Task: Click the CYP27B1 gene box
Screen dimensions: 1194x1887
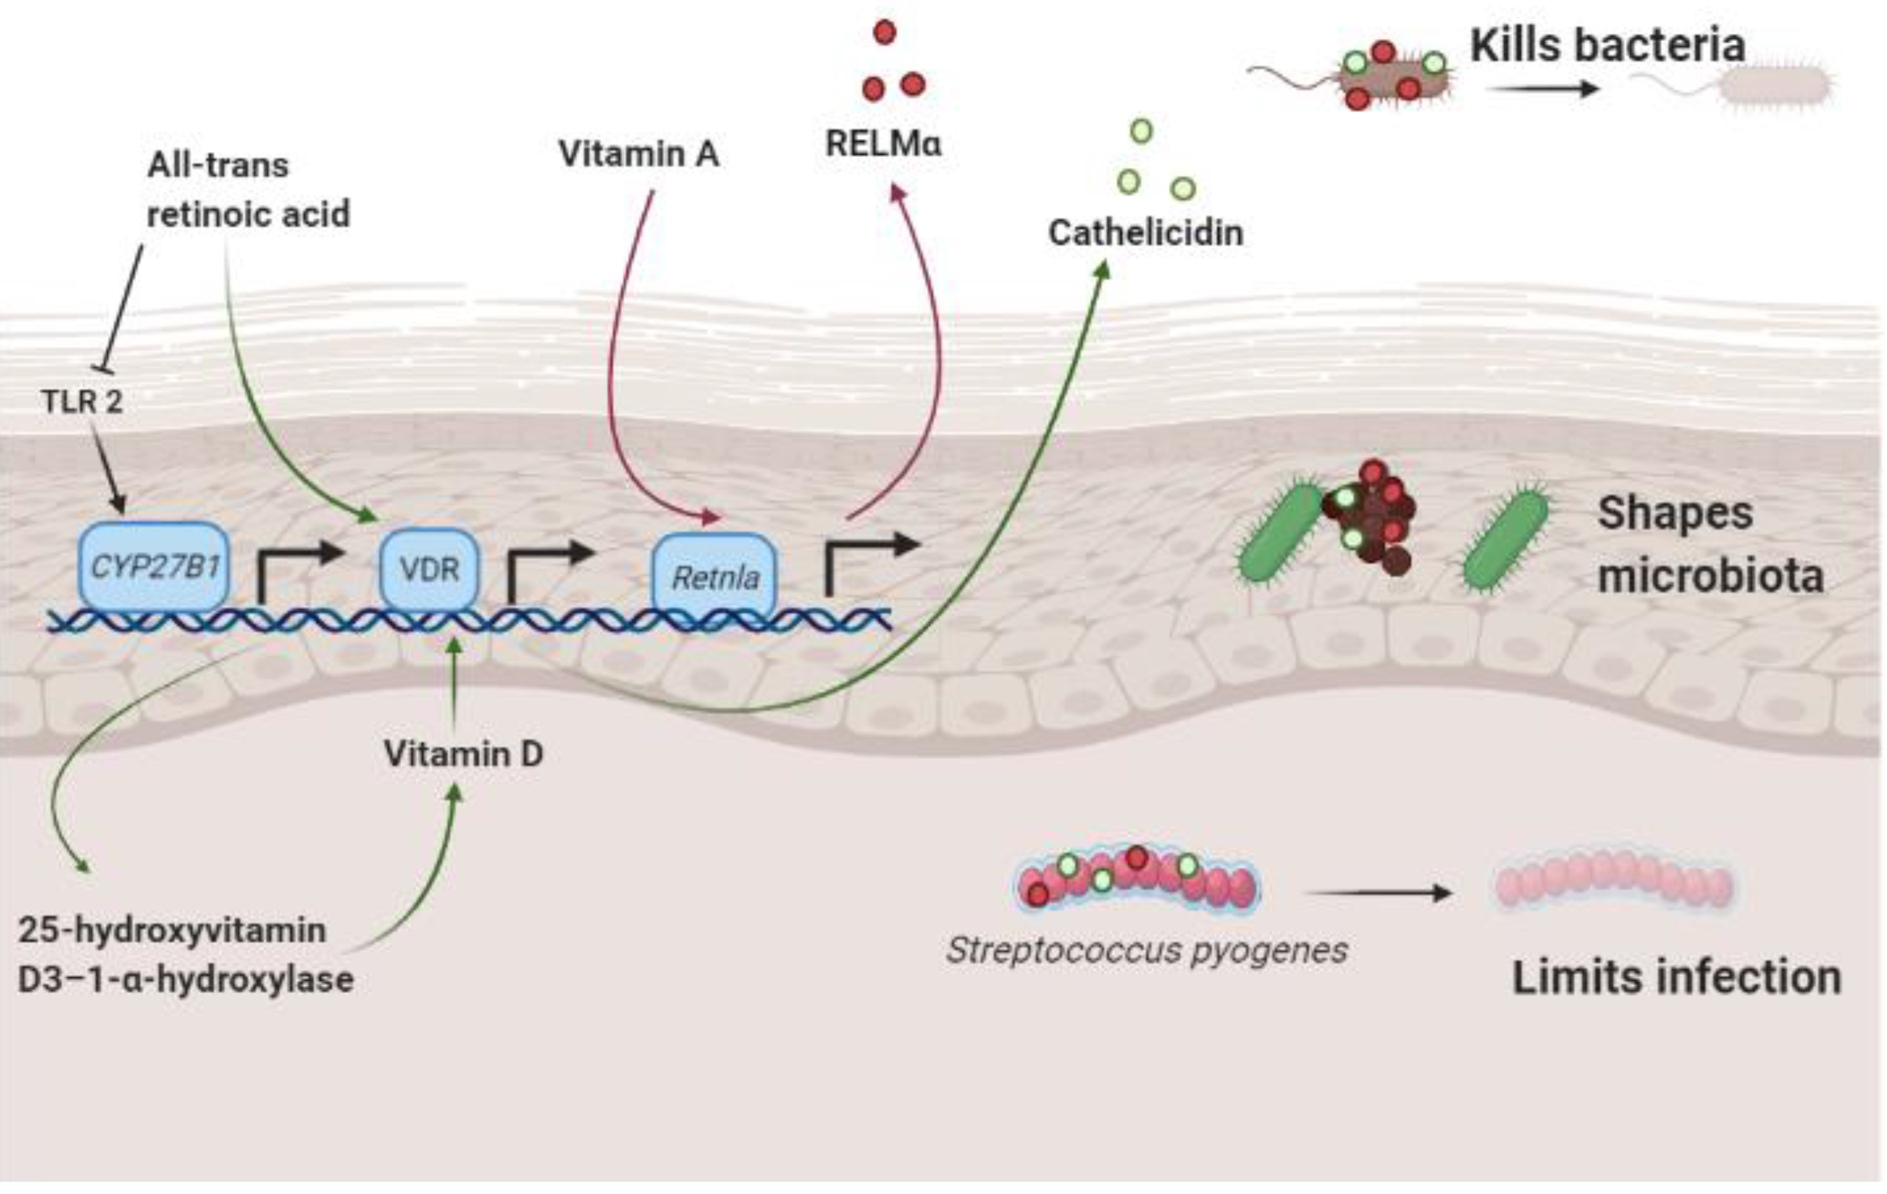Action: click(154, 566)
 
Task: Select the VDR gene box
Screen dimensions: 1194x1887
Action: click(429, 569)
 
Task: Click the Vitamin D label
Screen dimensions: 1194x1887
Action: click(463, 754)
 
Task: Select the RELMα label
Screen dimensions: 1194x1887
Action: click(883, 144)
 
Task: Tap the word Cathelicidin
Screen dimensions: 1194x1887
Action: click(1146, 233)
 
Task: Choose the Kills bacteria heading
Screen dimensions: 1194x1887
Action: click(1607, 45)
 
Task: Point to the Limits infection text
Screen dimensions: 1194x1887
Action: click(1676, 978)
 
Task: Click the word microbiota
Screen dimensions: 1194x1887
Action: click(1710, 576)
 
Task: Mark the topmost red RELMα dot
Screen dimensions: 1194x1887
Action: click(885, 32)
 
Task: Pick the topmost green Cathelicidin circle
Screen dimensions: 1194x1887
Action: click(1142, 130)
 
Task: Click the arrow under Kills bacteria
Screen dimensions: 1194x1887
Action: click(1541, 89)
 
